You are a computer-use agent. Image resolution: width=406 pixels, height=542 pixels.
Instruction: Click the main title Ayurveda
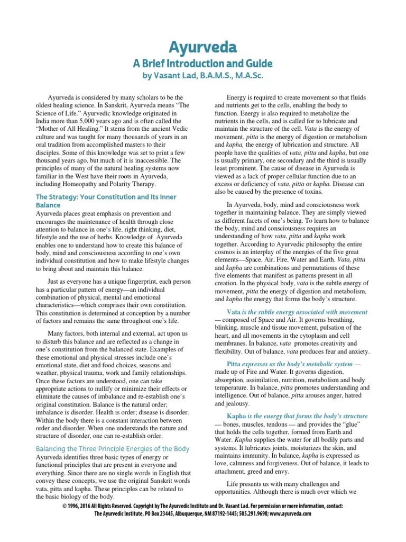202,47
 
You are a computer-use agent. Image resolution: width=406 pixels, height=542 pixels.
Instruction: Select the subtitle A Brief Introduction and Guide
202,64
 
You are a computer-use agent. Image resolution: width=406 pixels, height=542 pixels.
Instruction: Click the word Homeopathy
93,184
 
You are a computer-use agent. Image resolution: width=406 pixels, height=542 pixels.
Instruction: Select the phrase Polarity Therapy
138,184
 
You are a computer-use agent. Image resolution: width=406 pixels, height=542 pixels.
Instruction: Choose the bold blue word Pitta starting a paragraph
234,364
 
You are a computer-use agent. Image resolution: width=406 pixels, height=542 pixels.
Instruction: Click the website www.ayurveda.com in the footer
289,513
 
